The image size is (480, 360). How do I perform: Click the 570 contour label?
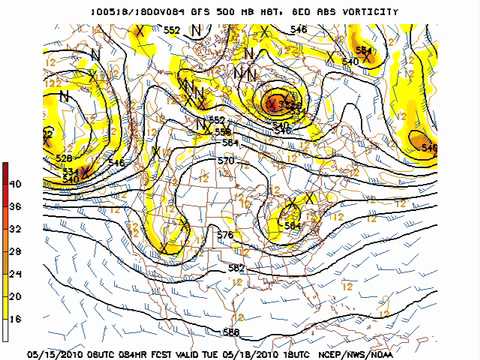click(x=225, y=160)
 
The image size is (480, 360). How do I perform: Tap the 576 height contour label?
click(x=225, y=235)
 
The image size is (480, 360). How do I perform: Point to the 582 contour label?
click(x=236, y=268)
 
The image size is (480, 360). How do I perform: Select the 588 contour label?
click(x=231, y=332)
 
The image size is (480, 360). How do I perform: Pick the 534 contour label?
click(x=70, y=171)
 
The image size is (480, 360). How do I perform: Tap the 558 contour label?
click(x=222, y=131)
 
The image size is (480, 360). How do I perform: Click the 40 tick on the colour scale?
click(x=16, y=184)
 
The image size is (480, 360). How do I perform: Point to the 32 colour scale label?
click(x=16, y=228)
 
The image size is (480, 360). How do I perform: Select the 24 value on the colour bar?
click(x=16, y=273)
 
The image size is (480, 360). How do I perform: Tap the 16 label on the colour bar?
click(x=16, y=317)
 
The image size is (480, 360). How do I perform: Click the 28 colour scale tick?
click(x=16, y=251)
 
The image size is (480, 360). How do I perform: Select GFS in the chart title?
click(x=193, y=12)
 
